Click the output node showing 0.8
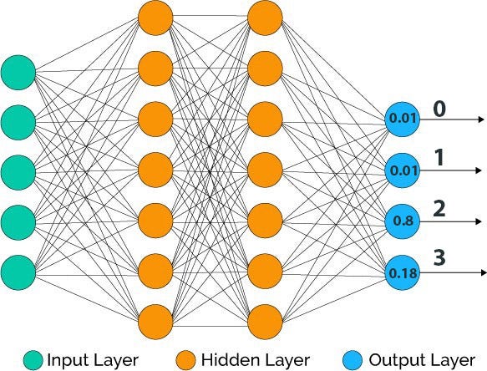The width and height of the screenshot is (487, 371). tap(402, 221)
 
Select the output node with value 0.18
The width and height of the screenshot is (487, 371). tap(402, 272)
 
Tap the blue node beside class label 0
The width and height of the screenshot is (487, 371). tap(402, 119)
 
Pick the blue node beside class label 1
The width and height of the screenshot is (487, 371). tap(402, 170)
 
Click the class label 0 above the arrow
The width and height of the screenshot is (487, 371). tap(439, 109)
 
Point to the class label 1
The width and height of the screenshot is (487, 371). tap(439, 158)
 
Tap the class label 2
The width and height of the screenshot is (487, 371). tap(439, 209)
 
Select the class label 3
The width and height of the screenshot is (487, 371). tap(439, 258)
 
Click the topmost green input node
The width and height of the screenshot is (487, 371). tap(18, 73)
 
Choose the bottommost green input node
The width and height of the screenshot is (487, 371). tap(18, 272)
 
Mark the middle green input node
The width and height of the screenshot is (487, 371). tap(18, 172)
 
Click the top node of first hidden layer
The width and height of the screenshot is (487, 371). tap(155, 18)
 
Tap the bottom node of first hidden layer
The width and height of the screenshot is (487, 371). tap(155, 322)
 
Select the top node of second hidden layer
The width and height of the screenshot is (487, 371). tap(265, 18)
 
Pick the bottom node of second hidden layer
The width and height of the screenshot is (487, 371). tap(265, 322)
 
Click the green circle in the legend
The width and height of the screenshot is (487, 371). tap(33, 360)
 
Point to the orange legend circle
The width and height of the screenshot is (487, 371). tap(186, 360)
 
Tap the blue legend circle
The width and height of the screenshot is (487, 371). tap(353, 360)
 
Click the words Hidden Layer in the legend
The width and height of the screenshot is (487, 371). tap(256, 360)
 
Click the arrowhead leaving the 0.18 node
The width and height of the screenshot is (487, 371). tap(484, 272)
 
